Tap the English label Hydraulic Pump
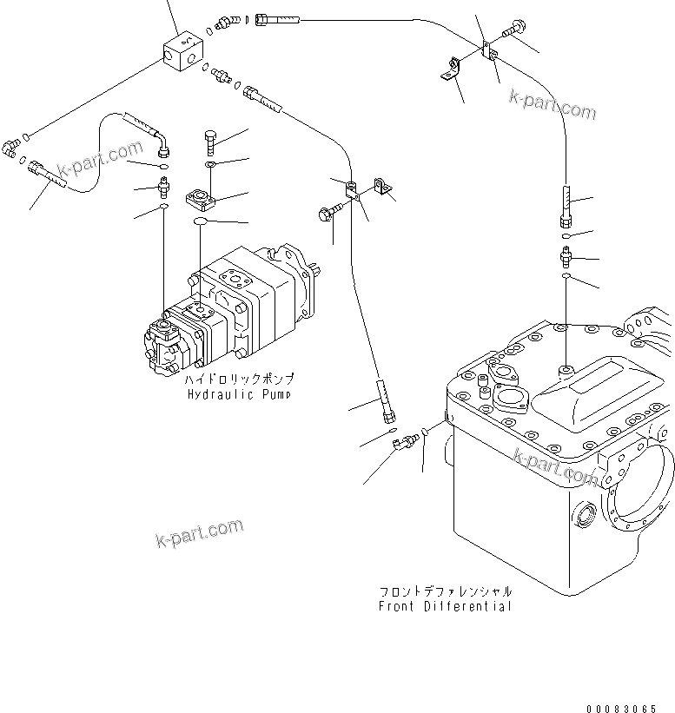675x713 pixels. pyautogui.click(x=239, y=394)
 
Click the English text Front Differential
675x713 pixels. pyautogui.click(x=445, y=606)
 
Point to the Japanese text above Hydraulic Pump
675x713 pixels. pyautogui.click(x=239, y=380)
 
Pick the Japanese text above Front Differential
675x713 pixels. pyautogui.click(x=445, y=591)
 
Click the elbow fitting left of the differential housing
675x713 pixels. pyautogui.click(x=404, y=444)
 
